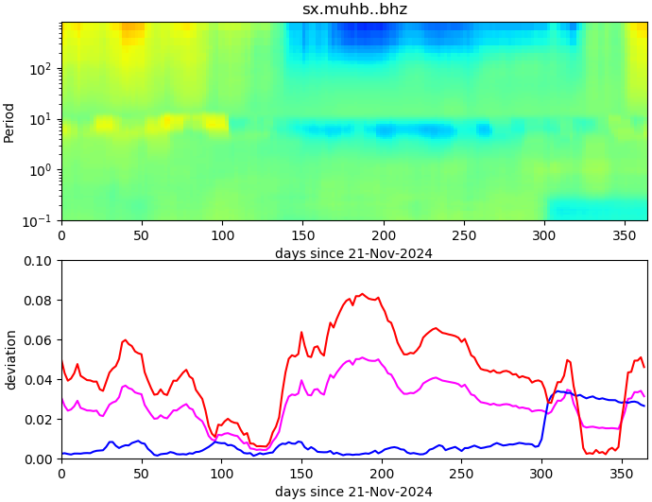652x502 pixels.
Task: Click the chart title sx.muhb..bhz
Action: coord(354,9)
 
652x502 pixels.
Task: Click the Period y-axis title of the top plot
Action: coord(9,122)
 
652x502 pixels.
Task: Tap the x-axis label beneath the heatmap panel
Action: coord(353,253)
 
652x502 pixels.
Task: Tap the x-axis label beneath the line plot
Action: coord(353,492)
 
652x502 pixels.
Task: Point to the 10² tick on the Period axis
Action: coord(43,69)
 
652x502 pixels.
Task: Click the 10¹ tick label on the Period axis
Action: coord(43,120)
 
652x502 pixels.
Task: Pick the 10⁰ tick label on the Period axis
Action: coord(43,170)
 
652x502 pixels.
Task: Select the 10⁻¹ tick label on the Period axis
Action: coord(42,221)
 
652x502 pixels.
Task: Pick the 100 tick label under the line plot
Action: coord(222,474)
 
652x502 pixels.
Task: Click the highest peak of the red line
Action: coord(362,294)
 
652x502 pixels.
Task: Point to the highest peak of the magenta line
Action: coord(362,357)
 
